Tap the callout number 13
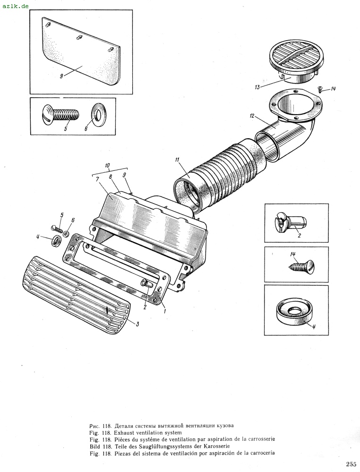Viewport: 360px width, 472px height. (257, 87)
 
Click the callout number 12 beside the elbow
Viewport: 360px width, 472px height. (252, 115)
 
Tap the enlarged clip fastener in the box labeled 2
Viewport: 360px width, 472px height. (291, 222)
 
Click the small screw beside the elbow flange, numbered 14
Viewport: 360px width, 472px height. (320, 89)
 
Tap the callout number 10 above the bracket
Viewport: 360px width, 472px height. (108, 165)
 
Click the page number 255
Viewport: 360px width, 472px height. (351, 464)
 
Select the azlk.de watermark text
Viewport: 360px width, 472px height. (16, 5)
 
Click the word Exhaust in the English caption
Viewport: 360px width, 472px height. (126, 432)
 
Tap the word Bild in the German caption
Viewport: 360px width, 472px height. (95, 446)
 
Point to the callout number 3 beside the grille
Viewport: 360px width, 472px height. (137, 324)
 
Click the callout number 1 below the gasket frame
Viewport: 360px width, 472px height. (164, 311)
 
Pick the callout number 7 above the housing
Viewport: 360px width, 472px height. (97, 179)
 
